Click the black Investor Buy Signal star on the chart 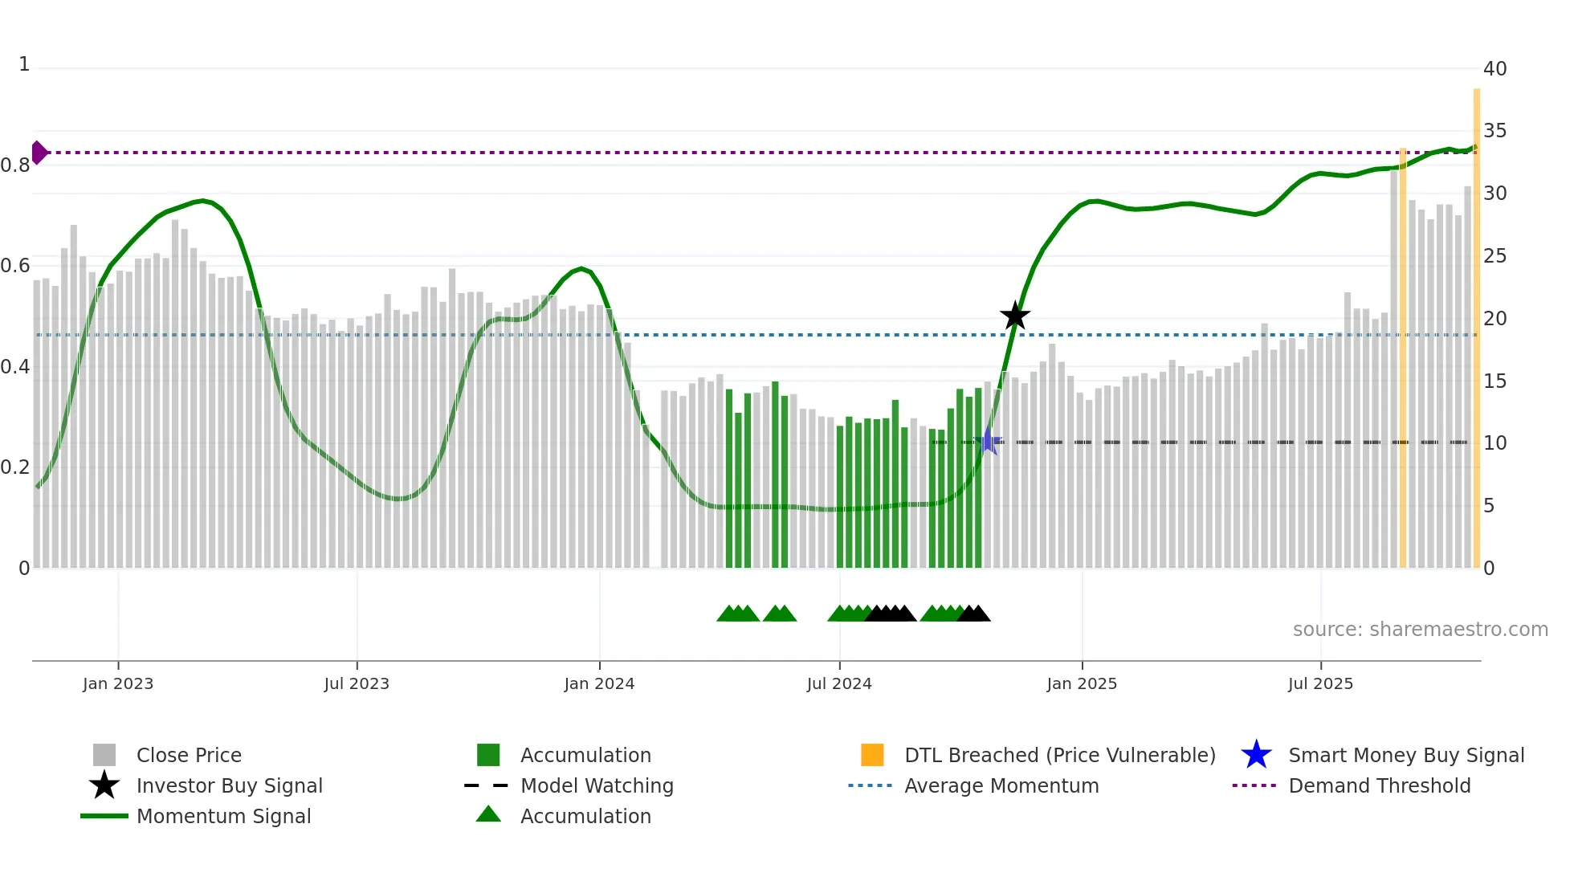click(1015, 316)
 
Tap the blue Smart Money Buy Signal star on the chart click(989, 442)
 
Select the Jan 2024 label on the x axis click(599, 684)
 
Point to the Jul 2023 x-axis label click(357, 684)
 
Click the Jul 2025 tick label click(1320, 684)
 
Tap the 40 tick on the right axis click(1494, 69)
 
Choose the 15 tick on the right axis click(1494, 381)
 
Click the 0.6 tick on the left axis click(15, 266)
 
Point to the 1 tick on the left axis click(24, 64)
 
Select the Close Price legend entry click(189, 756)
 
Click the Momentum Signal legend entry click(223, 817)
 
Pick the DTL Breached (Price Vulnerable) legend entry click(1059, 756)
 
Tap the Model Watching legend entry click(597, 786)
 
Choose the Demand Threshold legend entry click(1379, 786)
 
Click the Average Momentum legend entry click(1001, 786)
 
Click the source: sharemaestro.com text click(1420, 630)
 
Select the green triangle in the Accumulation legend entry click(488, 815)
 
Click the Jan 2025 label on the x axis click(1082, 684)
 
